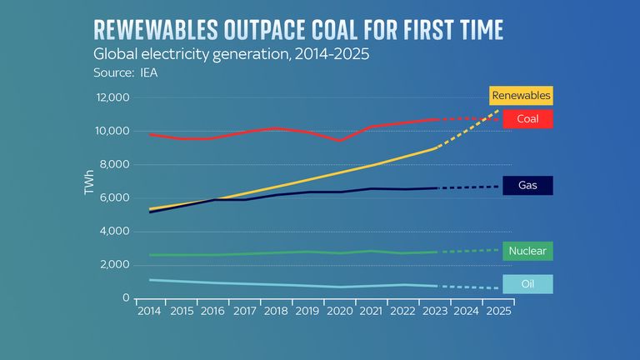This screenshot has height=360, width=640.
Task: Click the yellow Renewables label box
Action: point(521,95)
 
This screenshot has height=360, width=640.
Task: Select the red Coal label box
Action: point(527,119)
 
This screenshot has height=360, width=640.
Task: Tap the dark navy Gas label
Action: point(527,185)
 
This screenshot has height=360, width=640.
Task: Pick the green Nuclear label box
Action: point(527,251)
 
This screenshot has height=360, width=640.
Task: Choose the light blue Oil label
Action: point(527,284)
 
